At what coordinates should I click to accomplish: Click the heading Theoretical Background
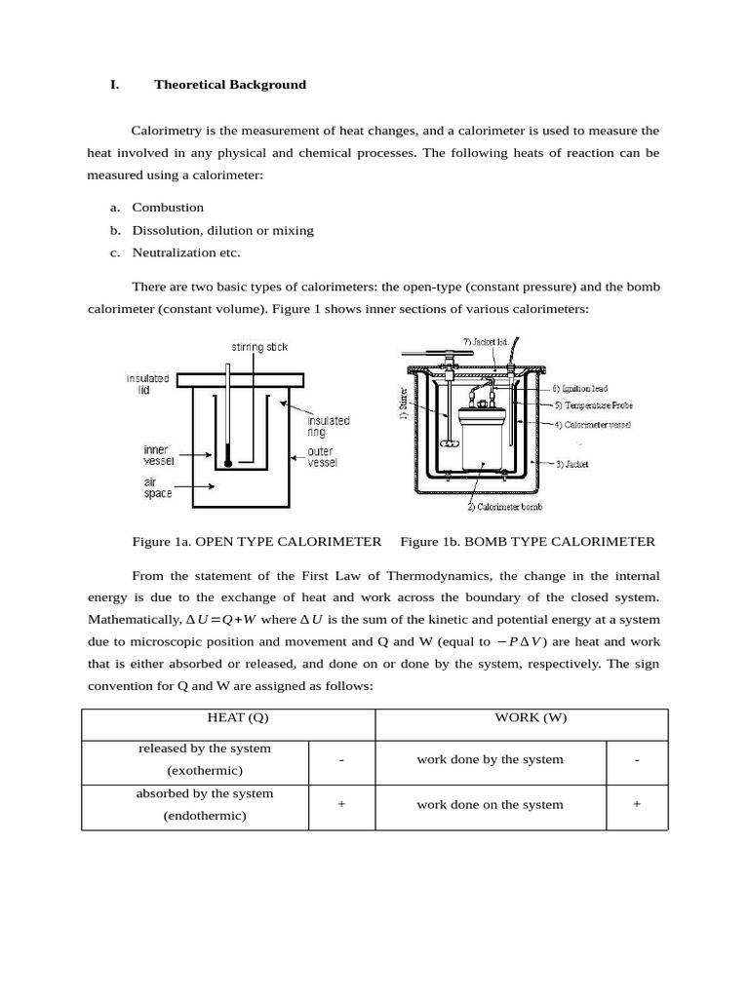coord(229,85)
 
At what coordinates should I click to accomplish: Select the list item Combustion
coord(168,208)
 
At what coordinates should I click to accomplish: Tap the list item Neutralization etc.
coord(185,252)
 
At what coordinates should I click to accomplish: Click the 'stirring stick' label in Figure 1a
coord(259,347)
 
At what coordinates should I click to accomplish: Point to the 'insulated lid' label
coord(147,383)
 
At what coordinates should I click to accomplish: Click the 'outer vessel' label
coord(323,457)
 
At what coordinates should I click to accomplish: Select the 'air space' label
coord(157,487)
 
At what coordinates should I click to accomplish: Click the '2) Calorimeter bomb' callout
coord(504,507)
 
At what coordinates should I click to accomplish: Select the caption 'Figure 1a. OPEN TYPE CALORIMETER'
coord(256,542)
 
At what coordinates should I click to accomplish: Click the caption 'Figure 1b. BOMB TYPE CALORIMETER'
coord(528,542)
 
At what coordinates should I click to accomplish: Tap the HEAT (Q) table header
coord(237,718)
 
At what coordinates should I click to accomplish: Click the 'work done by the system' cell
coord(490,760)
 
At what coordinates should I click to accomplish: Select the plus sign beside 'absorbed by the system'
coord(341,805)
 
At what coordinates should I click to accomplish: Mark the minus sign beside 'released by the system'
coord(341,760)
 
